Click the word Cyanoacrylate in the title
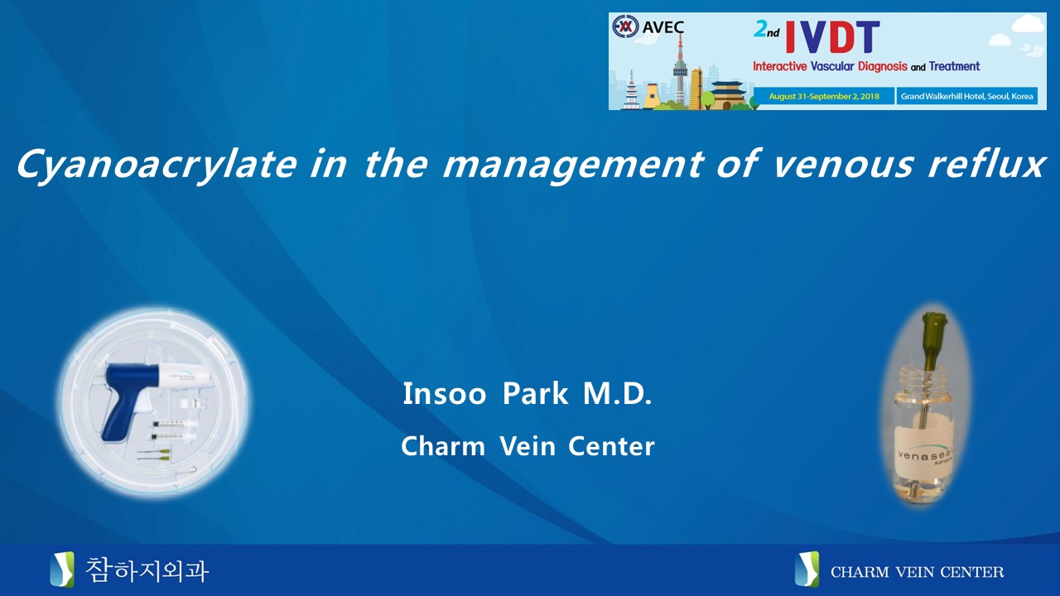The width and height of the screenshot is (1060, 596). click(x=157, y=165)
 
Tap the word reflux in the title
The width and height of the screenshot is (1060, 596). click(x=985, y=164)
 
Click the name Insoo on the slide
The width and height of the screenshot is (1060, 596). click(x=445, y=393)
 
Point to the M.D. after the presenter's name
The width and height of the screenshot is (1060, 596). click(x=618, y=393)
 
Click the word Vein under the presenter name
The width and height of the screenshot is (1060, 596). click(x=528, y=445)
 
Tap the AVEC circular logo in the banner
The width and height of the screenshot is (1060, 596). click(x=625, y=26)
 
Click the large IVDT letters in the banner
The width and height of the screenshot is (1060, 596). click(x=832, y=37)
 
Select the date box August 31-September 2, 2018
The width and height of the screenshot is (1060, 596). click(x=824, y=96)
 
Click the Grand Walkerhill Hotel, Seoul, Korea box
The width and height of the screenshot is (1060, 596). click(x=966, y=96)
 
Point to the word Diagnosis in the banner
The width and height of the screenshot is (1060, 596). click(x=883, y=66)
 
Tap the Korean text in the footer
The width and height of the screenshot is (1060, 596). click(x=147, y=570)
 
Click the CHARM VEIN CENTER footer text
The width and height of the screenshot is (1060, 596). click(x=917, y=572)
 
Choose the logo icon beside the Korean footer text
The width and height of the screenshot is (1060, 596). click(x=62, y=570)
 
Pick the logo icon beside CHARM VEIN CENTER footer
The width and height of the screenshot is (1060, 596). click(x=807, y=570)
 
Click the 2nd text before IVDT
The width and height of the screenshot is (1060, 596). click(x=767, y=30)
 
